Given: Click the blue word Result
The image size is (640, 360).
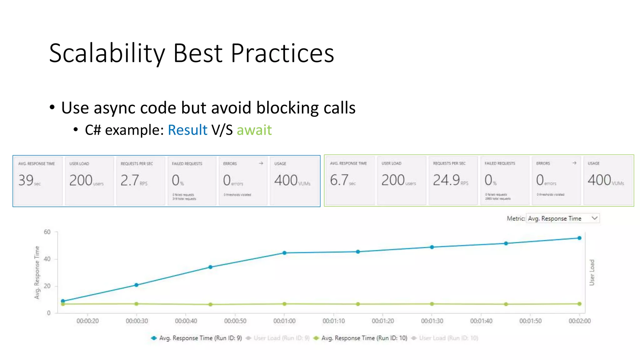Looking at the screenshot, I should pos(187,130).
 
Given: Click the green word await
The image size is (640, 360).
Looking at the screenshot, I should pos(254,130).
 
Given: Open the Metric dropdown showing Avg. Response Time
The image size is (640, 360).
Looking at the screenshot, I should pos(562,218).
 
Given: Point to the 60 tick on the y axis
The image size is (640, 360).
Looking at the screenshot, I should pos(47,232).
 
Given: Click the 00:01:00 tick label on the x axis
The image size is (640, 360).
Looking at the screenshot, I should pos(284,321).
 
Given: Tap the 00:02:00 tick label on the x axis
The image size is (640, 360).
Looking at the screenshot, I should pos(579,321).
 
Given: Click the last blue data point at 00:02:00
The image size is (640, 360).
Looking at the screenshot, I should pos(579,238).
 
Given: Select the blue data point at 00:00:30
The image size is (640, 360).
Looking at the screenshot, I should pos(136,285).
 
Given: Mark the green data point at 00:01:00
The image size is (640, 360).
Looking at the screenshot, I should pos(284,304).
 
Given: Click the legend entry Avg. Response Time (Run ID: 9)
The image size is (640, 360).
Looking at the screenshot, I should pos(200,338).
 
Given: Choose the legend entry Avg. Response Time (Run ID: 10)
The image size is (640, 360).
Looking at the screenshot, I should pos(364,338).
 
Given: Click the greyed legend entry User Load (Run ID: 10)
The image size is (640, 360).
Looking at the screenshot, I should pos(448,338).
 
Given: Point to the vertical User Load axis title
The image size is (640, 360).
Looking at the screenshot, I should pos(592,272).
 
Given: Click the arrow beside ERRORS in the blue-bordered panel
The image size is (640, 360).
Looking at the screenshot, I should pos(261,163).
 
